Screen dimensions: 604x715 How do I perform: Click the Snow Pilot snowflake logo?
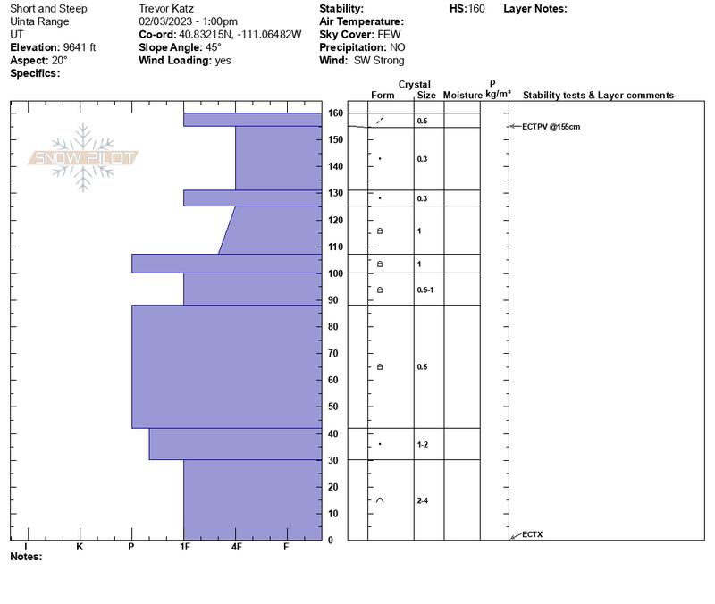click(x=84, y=158)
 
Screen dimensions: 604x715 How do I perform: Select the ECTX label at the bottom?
click(x=532, y=534)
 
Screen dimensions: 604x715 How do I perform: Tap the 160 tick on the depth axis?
click(x=335, y=113)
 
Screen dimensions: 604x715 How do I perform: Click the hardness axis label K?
click(x=80, y=546)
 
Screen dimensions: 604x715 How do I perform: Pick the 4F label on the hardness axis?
click(x=236, y=546)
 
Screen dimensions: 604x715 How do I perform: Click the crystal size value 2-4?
click(x=423, y=501)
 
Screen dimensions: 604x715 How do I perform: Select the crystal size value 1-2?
click(x=423, y=444)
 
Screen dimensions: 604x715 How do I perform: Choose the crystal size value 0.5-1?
click(x=425, y=290)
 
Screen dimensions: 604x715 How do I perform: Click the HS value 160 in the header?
click(x=476, y=9)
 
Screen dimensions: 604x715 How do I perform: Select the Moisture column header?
click(x=462, y=96)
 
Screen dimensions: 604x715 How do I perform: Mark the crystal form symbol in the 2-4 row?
click(x=380, y=500)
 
